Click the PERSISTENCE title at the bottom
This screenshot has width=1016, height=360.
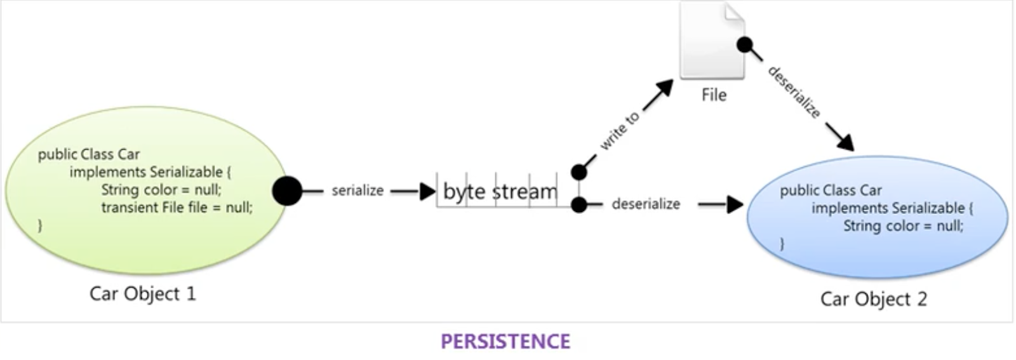pyautogui.click(x=505, y=342)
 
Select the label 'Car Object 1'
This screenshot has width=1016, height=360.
pyautogui.click(x=142, y=294)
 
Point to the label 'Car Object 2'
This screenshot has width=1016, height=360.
pyautogui.click(x=873, y=298)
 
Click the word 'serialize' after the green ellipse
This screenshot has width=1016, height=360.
pyautogui.click(x=358, y=190)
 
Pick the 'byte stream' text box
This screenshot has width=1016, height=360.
pyautogui.click(x=500, y=190)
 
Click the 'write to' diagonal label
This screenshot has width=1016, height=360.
pyautogui.click(x=620, y=131)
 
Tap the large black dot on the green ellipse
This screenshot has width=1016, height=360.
pyautogui.click(x=287, y=190)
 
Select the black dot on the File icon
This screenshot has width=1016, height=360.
pyautogui.click(x=744, y=45)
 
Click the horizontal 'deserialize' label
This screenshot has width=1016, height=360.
pyautogui.click(x=646, y=204)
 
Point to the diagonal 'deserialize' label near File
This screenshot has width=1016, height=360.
pyautogui.click(x=794, y=91)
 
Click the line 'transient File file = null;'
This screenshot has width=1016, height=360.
pyautogui.click(x=177, y=208)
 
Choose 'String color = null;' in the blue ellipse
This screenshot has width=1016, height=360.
pyautogui.click(x=903, y=226)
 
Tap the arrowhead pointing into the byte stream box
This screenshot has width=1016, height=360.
pyautogui.click(x=428, y=190)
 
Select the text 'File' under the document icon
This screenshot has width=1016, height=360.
pyautogui.click(x=714, y=95)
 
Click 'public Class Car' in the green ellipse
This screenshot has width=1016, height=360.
pyautogui.click(x=88, y=154)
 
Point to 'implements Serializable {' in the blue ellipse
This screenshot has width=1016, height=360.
pyautogui.click(x=892, y=208)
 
